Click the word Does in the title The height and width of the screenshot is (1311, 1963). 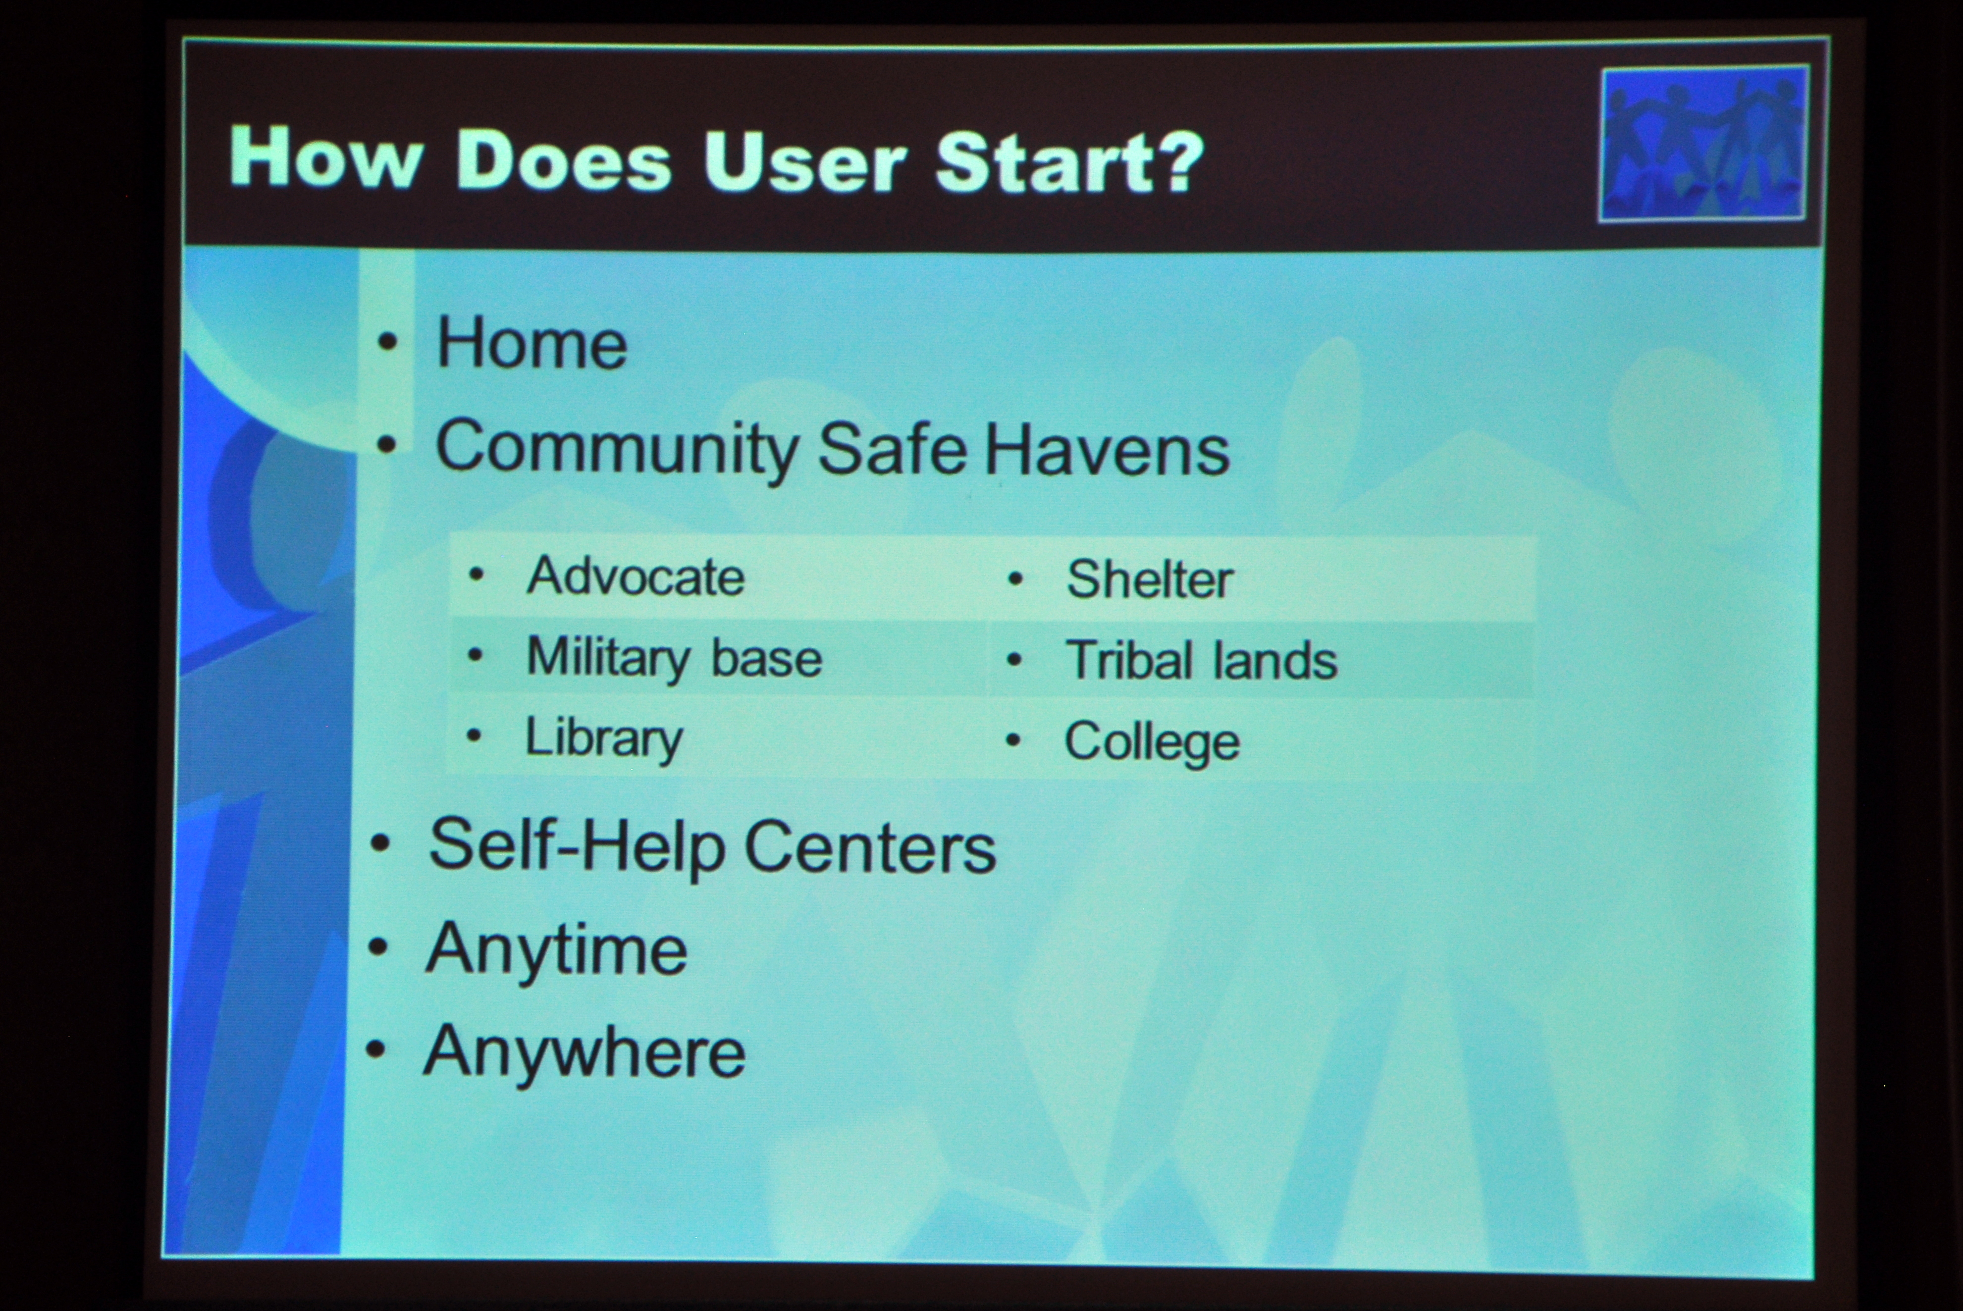click(564, 159)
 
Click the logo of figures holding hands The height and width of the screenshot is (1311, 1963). click(1703, 145)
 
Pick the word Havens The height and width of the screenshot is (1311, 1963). click(1107, 450)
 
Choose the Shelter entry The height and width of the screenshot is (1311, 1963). click(1150, 578)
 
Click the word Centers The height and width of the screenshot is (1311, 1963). click(869, 847)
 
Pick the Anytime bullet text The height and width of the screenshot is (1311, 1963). click(556, 950)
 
